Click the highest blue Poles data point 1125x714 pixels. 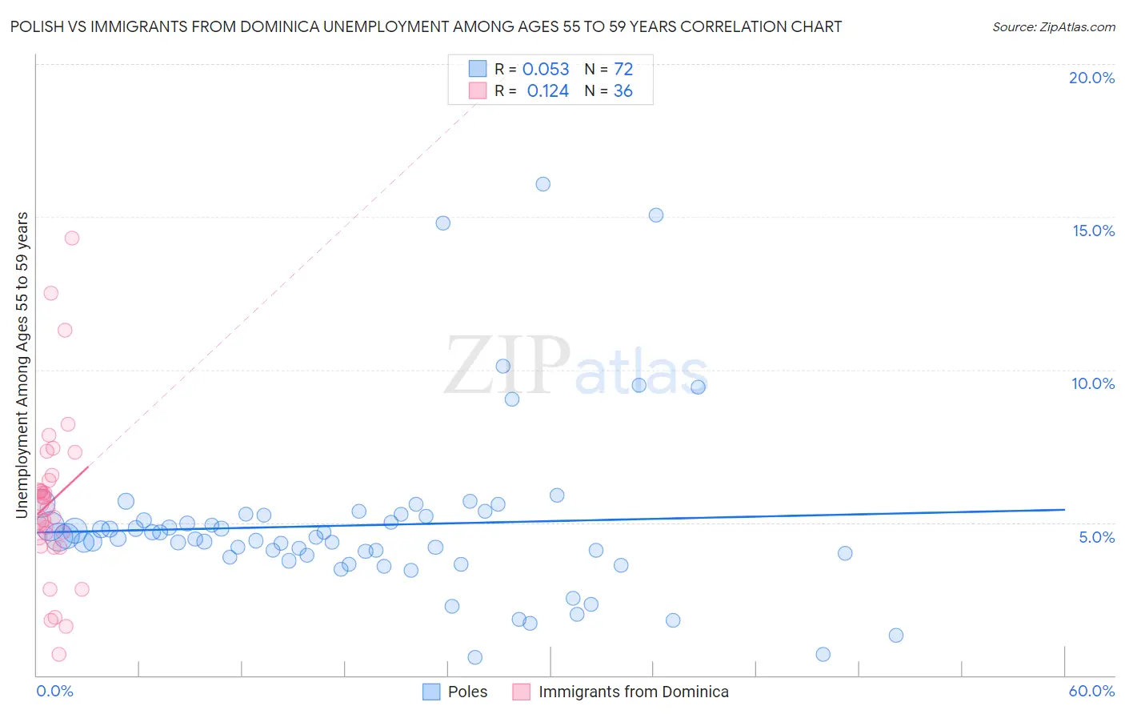pos(542,184)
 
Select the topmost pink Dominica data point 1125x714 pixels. pos(72,238)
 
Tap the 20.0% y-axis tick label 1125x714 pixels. pos(1091,78)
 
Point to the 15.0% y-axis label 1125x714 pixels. pos(1093,231)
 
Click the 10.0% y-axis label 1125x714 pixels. pos(1093,383)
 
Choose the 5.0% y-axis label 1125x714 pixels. pos(1096,537)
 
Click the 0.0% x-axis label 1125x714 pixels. pos(54,691)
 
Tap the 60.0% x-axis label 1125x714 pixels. pos(1091,691)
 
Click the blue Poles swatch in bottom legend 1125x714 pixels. pos(431,692)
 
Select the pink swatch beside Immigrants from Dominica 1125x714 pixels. pos(522,692)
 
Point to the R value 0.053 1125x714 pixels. pos(546,70)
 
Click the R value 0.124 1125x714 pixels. pos(548,91)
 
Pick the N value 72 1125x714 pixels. pos(623,70)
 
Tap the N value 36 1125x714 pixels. pos(623,91)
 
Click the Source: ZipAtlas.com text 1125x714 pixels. pos(1053,27)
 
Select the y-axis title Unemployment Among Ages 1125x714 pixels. pos(22,364)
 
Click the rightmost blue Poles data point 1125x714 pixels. pos(896,636)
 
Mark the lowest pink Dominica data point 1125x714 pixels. pos(58,654)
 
